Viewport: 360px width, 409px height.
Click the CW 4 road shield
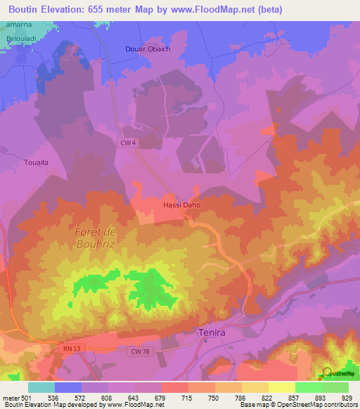pos(126,143)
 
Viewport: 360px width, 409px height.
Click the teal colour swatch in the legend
pos(41,387)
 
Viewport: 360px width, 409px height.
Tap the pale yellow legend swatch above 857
pos(281,387)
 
